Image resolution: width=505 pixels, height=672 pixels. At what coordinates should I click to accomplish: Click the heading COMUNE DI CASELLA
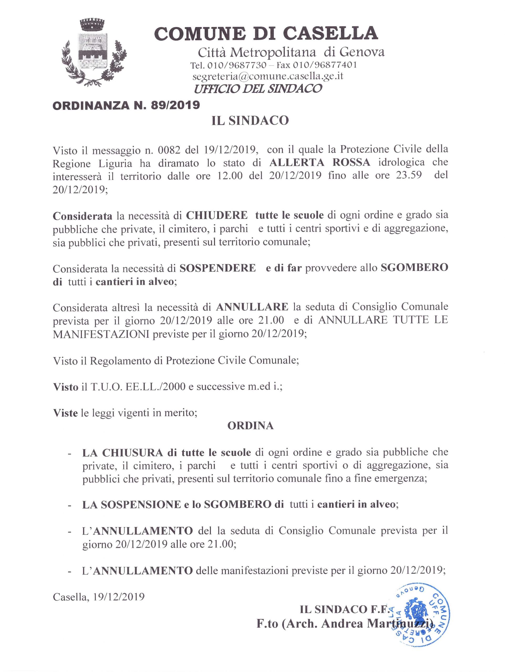(266, 33)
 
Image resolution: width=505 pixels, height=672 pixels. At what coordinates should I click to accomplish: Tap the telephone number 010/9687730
(237, 65)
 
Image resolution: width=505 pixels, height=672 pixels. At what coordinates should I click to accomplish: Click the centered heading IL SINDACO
(250, 120)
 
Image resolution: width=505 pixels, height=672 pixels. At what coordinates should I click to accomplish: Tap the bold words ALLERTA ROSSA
(320, 162)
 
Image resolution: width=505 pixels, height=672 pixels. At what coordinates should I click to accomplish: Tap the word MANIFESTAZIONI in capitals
(101, 334)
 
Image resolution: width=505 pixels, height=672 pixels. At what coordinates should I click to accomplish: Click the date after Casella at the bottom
(118, 597)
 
